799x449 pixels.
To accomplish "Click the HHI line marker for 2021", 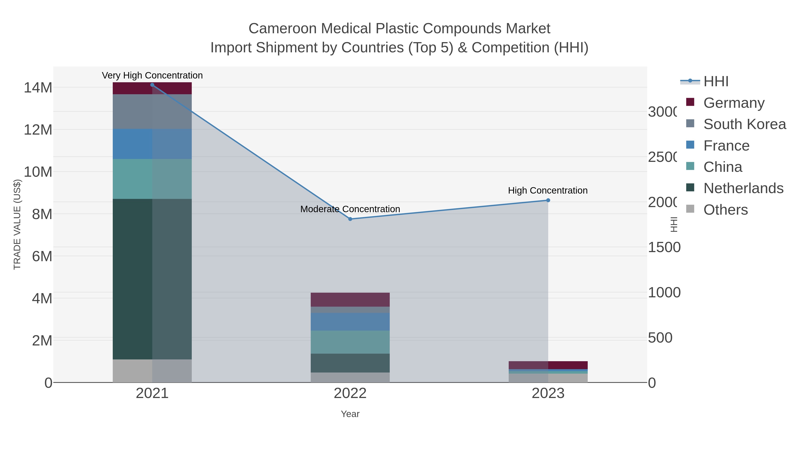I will tap(152, 85).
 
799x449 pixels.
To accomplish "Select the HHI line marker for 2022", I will tap(350, 219).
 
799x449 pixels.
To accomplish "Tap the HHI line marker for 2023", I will tap(548, 200).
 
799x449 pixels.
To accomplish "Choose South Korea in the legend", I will tap(744, 124).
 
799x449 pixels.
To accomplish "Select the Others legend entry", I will tap(726, 210).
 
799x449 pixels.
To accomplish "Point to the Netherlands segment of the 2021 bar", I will tap(152, 279).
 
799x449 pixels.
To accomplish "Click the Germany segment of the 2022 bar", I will tap(350, 300).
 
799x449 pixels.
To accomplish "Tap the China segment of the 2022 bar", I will tap(350, 342).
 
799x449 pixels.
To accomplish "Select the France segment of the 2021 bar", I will tap(152, 144).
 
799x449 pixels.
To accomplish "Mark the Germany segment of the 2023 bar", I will tap(548, 365).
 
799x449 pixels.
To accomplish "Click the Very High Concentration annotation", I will tap(152, 76).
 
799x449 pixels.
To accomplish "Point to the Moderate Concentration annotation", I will tap(350, 209).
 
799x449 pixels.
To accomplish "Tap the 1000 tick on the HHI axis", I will tap(664, 292).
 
